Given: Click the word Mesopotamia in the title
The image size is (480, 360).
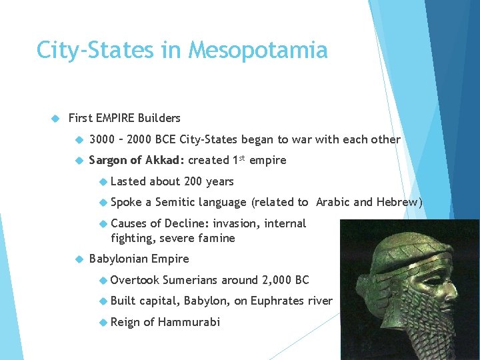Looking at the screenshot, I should (258, 51).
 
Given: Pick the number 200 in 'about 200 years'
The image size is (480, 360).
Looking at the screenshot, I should (197, 181).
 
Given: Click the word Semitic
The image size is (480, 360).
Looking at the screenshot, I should (175, 202).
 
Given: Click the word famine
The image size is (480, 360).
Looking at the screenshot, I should (216, 238).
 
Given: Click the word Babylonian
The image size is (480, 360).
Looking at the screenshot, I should (118, 259).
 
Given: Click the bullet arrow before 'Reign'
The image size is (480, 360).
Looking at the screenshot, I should (103, 322).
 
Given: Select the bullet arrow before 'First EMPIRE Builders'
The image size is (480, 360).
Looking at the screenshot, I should (56, 118).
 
